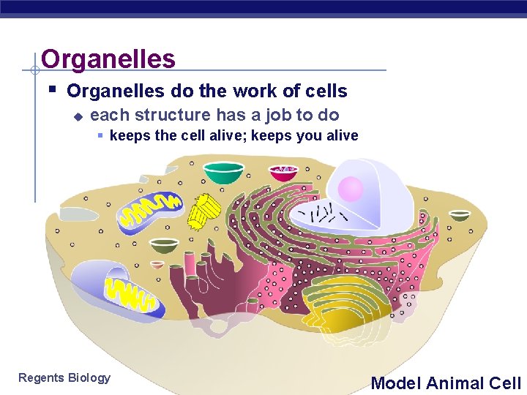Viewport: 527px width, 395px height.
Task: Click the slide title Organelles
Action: pos(108,59)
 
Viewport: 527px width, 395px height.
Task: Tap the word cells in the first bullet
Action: pos(326,91)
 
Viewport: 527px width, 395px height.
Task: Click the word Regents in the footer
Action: pos(41,377)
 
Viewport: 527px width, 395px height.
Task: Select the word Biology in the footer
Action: pos(89,378)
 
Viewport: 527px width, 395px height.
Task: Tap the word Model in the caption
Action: pos(396,383)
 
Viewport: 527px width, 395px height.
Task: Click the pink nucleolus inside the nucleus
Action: pos(351,189)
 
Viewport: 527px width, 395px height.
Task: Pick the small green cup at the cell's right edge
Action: pos(460,215)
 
